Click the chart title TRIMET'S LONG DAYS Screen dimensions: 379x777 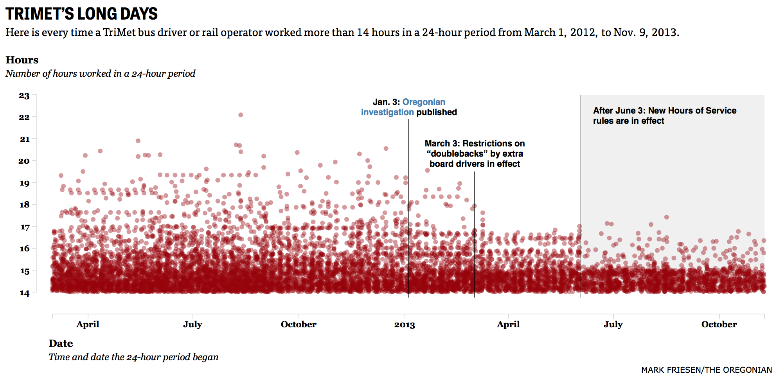pyautogui.click(x=81, y=14)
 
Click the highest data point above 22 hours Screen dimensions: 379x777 pyautogui.click(x=241, y=115)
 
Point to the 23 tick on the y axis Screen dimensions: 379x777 pyautogui.click(x=24, y=96)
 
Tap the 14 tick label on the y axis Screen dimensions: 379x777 pyautogui.click(x=24, y=293)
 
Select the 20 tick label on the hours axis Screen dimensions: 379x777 pyautogui.click(x=24, y=161)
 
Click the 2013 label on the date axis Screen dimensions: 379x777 pyautogui.click(x=404, y=325)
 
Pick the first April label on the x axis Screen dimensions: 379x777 pyautogui.click(x=88, y=325)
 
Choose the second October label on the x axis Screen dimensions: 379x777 pyautogui.click(x=719, y=325)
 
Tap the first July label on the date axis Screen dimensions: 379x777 pyautogui.click(x=192, y=325)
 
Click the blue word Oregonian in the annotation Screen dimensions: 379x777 pyautogui.click(x=424, y=102)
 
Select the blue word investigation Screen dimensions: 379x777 pyautogui.click(x=387, y=112)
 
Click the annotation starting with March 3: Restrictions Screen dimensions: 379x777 pyautogui.click(x=475, y=154)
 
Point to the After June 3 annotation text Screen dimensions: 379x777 pyautogui.click(x=664, y=116)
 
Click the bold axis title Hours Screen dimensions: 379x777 pyautogui.click(x=22, y=60)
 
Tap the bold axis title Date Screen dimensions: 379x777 pyautogui.click(x=61, y=343)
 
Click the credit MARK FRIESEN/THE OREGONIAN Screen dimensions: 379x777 pyautogui.click(x=706, y=370)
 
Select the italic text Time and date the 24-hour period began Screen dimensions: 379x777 pyautogui.click(x=133, y=357)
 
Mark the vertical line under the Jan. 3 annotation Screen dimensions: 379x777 pyautogui.click(x=408, y=208)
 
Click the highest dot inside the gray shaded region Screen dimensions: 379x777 pyautogui.click(x=667, y=217)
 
